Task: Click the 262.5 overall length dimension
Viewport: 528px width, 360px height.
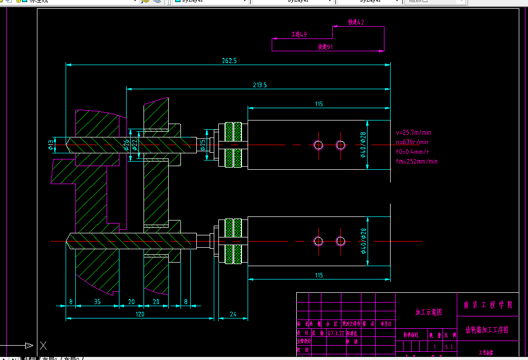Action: click(229, 61)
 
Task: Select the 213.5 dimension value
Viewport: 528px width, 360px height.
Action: click(260, 85)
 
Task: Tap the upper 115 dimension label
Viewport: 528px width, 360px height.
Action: click(319, 104)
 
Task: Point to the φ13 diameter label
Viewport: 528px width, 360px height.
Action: click(51, 145)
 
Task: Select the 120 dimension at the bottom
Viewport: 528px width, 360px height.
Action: click(139, 314)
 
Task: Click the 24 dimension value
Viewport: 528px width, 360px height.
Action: click(233, 314)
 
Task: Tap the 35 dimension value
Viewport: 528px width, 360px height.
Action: click(97, 302)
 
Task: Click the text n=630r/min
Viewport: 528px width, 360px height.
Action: click(412, 142)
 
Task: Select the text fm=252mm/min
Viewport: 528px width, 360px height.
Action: click(417, 162)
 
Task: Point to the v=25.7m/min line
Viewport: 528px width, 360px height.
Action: click(413, 132)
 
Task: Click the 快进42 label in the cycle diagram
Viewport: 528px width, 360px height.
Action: click(356, 23)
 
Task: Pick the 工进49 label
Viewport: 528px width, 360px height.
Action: click(299, 34)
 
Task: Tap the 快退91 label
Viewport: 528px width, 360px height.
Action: click(325, 47)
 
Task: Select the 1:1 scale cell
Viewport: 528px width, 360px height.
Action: click(449, 347)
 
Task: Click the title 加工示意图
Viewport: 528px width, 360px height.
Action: click(428, 312)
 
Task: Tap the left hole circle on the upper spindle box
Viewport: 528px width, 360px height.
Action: click(318, 145)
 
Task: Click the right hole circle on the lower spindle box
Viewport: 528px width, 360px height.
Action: click(341, 241)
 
